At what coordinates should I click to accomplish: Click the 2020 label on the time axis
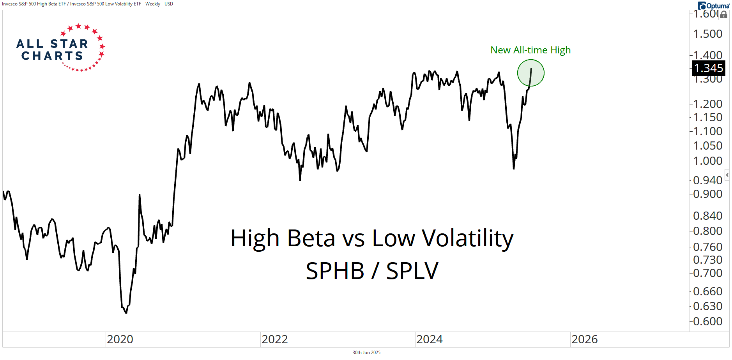coord(120,339)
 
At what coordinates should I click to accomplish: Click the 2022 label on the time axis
coord(275,339)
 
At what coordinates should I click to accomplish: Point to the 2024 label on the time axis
coord(430,339)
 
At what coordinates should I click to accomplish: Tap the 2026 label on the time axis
coord(584,339)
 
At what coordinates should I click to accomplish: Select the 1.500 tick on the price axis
coord(708,34)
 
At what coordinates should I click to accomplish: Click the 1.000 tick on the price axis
coord(708,161)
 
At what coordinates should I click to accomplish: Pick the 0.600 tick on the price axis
coord(708,321)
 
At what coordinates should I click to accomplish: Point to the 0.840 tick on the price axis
coord(708,216)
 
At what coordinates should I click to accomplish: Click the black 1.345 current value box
coord(708,68)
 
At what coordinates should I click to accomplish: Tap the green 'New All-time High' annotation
coord(530,50)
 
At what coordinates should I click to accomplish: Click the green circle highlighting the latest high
coord(531,73)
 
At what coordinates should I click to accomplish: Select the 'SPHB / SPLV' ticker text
coord(372,271)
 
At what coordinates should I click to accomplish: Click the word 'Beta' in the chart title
coord(311,238)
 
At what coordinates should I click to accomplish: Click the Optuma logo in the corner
coord(713,5)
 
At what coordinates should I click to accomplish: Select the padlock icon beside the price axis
coord(724,15)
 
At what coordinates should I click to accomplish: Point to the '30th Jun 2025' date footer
coord(366,353)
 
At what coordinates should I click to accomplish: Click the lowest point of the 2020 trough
coord(126,313)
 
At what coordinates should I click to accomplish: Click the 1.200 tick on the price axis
coord(708,104)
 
